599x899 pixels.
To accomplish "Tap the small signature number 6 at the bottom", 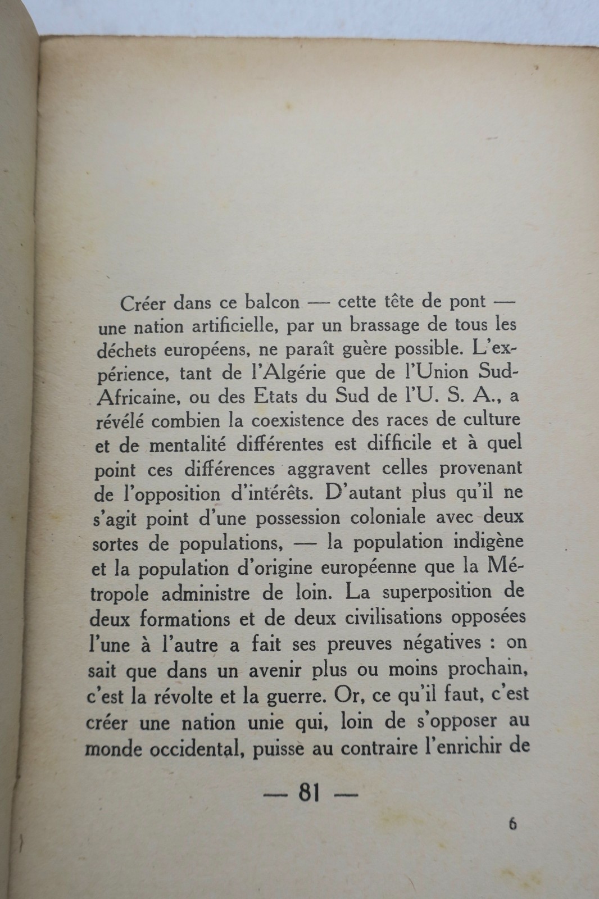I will tap(512, 824).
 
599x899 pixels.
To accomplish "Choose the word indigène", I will tap(484, 542).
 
